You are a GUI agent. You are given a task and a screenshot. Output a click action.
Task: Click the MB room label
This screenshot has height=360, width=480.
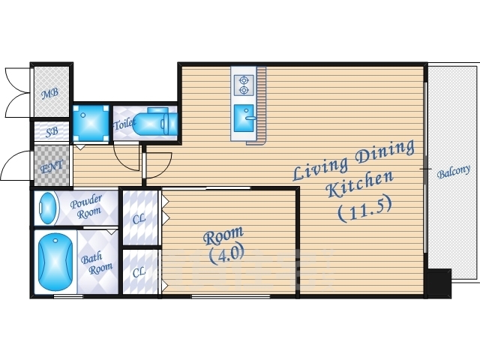50,93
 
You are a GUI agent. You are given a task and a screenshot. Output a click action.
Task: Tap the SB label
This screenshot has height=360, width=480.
52,132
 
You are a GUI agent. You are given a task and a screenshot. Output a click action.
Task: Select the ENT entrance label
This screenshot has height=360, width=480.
52,166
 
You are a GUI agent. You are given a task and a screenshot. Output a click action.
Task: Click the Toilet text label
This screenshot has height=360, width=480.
124,124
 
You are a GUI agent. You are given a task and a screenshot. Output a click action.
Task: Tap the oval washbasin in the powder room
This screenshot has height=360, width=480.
49,208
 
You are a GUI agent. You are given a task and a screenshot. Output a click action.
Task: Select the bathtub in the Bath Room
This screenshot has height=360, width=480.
55,262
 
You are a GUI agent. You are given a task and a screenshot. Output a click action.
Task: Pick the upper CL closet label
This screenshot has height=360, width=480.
139,218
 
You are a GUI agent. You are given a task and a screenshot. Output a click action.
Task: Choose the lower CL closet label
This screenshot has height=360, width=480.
139,271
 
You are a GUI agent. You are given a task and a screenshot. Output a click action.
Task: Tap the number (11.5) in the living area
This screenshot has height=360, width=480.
364,209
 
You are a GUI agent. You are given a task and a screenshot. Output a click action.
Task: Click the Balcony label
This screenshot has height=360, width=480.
453,172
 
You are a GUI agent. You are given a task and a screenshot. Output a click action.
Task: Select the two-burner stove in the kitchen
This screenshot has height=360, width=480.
244,85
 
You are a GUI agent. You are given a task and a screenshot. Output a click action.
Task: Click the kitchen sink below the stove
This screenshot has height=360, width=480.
244,118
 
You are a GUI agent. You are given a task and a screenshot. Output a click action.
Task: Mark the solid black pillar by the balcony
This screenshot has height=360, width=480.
439,283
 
